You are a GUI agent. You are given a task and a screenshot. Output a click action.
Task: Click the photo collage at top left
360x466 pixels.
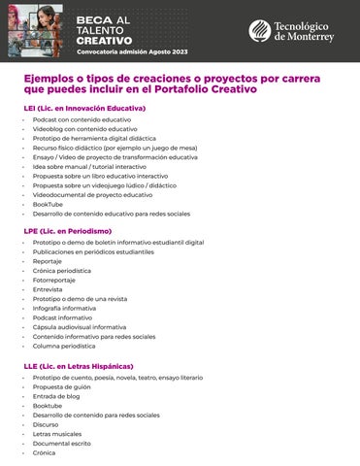(38, 27)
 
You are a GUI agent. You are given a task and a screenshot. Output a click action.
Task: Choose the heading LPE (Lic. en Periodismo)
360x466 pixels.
(68, 230)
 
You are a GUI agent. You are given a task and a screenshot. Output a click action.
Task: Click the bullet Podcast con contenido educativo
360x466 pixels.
(82, 118)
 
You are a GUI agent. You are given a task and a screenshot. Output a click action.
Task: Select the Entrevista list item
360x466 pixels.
(48, 289)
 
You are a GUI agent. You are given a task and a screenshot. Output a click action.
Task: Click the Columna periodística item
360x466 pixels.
(64, 346)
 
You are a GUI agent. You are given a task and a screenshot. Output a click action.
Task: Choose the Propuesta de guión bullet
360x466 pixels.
(61, 386)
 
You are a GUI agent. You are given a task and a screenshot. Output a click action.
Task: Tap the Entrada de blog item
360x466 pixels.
(56, 396)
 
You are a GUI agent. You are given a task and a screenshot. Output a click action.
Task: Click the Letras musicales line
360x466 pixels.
(57, 434)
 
